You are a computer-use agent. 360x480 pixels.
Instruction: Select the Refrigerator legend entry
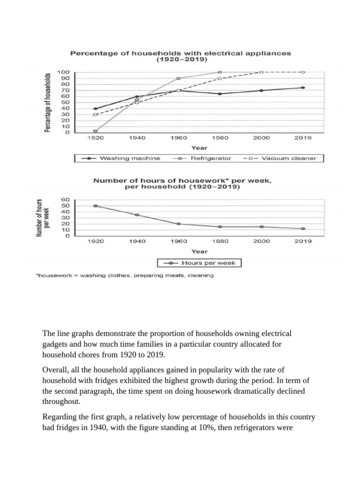pos(202,158)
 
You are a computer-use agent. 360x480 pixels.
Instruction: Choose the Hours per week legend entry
pos(200,263)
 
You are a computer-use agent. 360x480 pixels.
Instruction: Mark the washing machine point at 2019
pos(303,88)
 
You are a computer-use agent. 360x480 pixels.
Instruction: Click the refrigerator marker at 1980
pos(220,72)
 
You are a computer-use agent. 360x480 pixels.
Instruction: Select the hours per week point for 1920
pos(96,206)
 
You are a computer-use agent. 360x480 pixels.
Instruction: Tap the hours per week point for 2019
pos(303,229)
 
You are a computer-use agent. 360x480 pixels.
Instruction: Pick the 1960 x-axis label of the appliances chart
pos(179,138)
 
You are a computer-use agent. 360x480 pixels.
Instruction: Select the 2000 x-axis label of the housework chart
pos(261,241)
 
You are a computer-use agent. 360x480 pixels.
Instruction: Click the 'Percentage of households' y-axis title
pos(48,102)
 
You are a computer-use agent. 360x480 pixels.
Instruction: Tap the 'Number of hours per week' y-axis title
pos(43,217)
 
